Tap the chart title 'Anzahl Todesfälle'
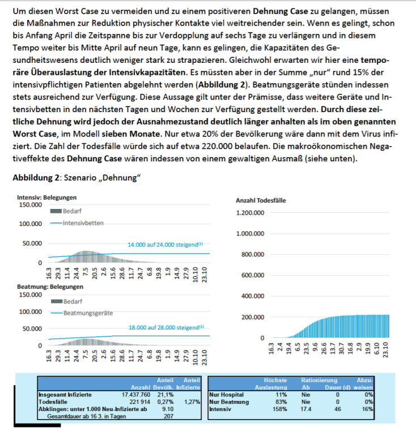[x=260, y=200]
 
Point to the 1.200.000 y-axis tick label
[x=249, y=213]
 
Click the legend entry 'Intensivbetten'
[x=82, y=223]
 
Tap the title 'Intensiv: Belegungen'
[x=45, y=197]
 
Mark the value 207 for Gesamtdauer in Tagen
[x=168, y=415]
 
